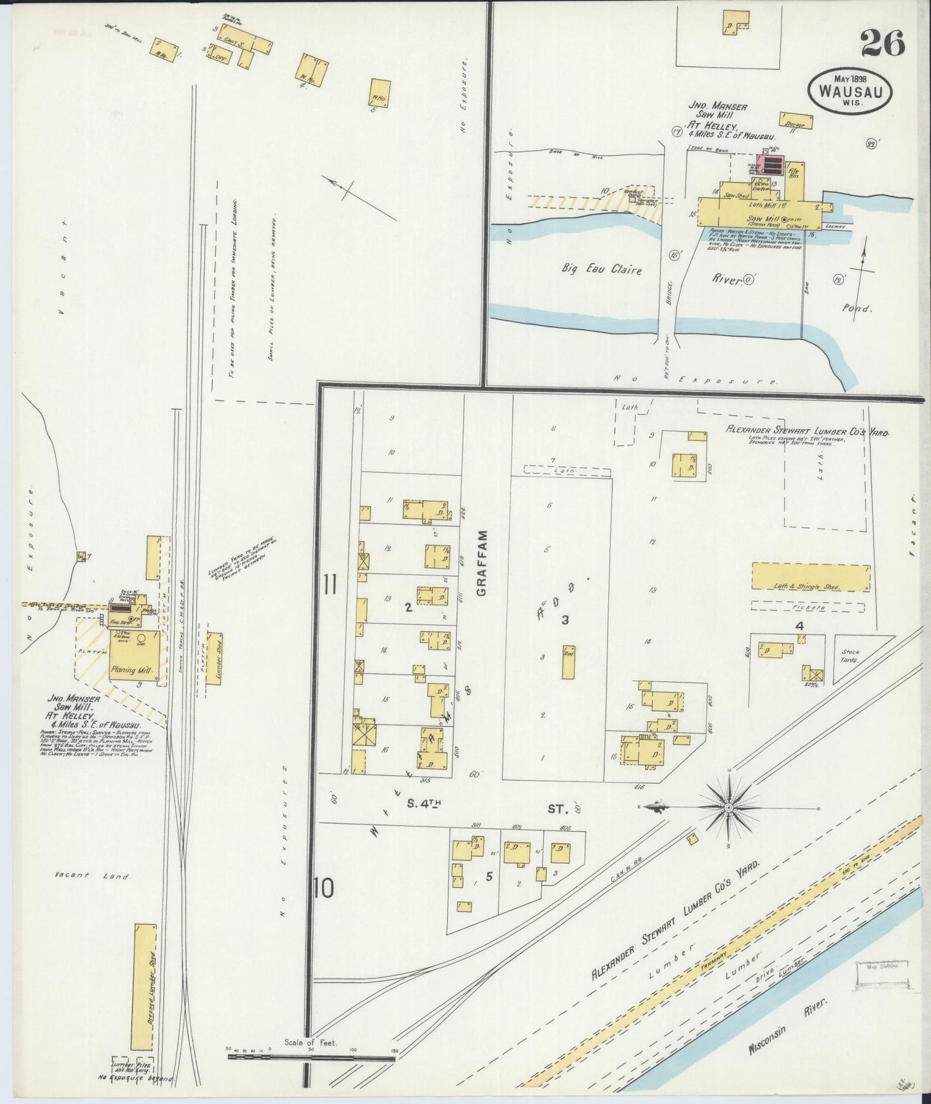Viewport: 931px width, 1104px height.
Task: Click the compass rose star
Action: click(728, 807)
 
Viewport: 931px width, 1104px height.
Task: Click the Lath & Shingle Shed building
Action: click(810, 577)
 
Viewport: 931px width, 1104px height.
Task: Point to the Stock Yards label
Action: click(850, 656)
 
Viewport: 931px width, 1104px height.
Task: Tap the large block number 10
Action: click(324, 889)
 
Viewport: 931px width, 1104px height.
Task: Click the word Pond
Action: click(858, 309)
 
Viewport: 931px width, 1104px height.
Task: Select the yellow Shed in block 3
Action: click(568, 661)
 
